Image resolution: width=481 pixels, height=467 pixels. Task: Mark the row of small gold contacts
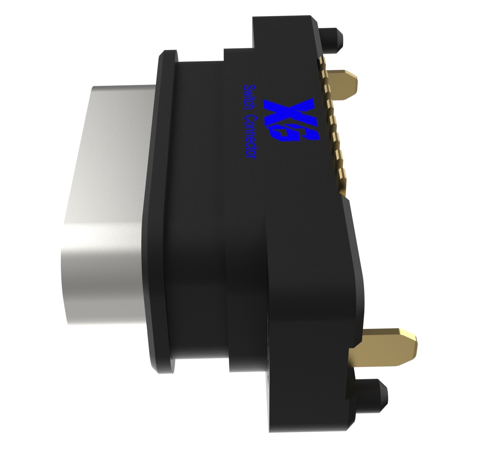pos(332,125)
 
